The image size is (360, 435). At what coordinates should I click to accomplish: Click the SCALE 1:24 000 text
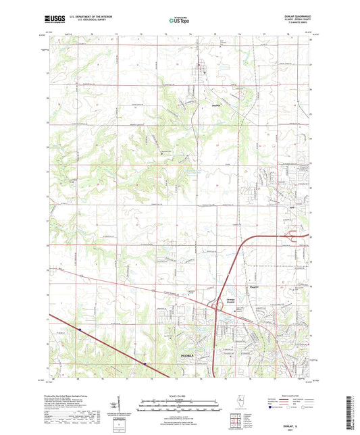180,395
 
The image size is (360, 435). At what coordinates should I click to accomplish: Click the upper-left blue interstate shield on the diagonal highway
79,330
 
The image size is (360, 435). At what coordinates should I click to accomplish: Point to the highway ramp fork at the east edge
297,236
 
